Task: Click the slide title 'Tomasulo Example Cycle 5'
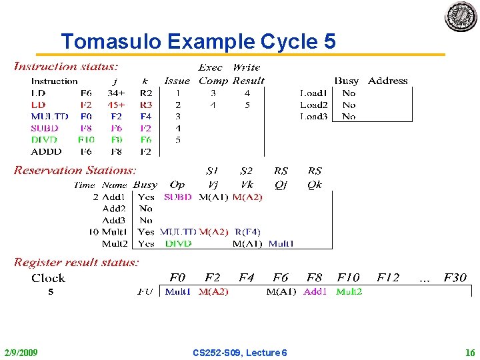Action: (198, 42)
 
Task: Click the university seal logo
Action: (461, 17)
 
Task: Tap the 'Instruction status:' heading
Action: (66, 67)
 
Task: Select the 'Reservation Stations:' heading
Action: (75, 171)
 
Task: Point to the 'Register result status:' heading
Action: (76, 263)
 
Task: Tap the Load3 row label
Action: (313, 116)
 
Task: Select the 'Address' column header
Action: (387, 81)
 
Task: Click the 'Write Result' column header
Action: (247, 74)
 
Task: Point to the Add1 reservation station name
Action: (114, 197)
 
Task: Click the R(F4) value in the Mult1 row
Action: (248, 232)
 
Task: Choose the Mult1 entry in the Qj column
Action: (281, 243)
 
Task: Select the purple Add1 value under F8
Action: (315, 291)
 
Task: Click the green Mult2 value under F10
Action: (349, 291)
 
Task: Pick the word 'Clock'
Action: (48, 278)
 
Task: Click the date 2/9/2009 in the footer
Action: (21, 352)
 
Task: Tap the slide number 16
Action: (470, 352)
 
